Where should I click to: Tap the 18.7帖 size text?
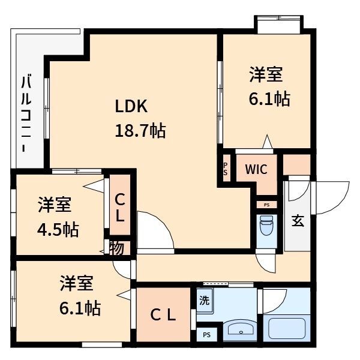pyautogui.click(x=140, y=129)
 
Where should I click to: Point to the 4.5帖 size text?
pyautogui.click(x=58, y=229)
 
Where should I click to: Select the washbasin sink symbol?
pyautogui.click(x=240, y=330)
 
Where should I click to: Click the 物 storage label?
pyautogui.click(x=118, y=247)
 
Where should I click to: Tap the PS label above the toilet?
pyautogui.click(x=266, y=205)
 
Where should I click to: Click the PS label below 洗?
pyautogui.click(x=206, y=335)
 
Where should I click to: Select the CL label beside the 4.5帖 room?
pyautogui.click(x=120, y=207)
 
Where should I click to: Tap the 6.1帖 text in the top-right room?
pyautogui.click(x=269, y=98)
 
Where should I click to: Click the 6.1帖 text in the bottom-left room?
pyautogui.click(x=80, y=308)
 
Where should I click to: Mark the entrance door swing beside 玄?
pyautogui.click(x=330, y=198)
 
